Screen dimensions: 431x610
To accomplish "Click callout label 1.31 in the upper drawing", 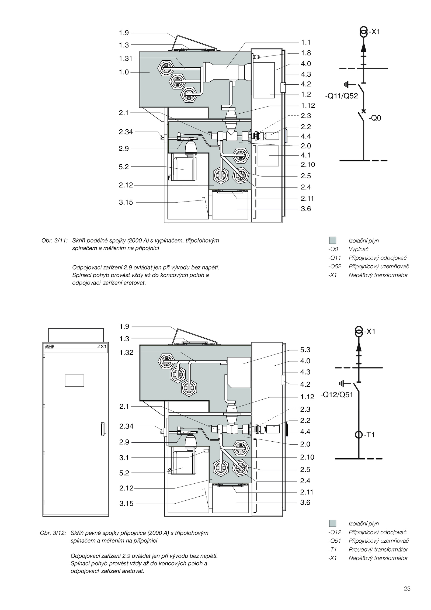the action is click(x=126, y=58).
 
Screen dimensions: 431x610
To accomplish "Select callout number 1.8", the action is click(x=306, y=53).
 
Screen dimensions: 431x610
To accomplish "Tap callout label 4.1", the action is click(x=306, y=155).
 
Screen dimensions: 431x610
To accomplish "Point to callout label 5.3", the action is click(x=305, y=350).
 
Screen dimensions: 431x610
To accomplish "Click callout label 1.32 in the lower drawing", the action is click(x=126, y=352).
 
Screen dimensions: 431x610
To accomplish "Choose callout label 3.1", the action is click(x=124, y=458).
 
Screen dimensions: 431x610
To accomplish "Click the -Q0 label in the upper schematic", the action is click(x=375, y=118).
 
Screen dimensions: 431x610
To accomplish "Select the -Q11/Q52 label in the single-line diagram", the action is click(x=342, y=96).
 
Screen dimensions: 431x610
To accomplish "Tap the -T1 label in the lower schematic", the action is click(x=370, y=435).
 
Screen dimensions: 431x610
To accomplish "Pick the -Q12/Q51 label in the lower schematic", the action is click(x=337, y=395).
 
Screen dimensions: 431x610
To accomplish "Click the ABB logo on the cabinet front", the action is click(x=50, y=347).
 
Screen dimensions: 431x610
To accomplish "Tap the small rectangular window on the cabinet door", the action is click(x=74, y=381).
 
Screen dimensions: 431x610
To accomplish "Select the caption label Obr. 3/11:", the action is click(x=54, y=241).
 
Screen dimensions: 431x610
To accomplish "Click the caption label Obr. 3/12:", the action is click(x=53, y=533).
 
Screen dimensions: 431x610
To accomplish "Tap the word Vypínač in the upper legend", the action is click(x=359, y=249).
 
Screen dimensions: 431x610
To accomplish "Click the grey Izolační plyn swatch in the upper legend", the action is click(x=333, y=240).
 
